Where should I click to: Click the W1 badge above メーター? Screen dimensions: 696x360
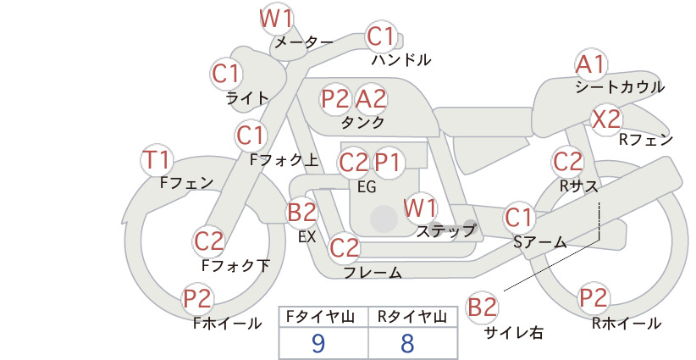point(276,19)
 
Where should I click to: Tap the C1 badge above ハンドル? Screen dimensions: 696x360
point(381,36)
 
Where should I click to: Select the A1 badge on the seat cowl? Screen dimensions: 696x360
point(591,65)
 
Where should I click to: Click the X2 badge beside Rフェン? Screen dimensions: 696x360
point(606,119)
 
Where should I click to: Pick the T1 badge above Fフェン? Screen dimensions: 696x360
point(157,160)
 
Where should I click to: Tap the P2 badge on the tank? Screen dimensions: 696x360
point(335,98)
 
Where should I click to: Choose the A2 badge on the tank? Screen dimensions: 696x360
point(371,98)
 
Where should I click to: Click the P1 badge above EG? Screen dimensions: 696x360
point(388,163)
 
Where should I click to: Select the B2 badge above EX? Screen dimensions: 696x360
point(301,212)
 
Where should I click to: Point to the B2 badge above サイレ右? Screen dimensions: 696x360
point(482,307)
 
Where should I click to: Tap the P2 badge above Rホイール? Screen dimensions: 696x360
point(593,298)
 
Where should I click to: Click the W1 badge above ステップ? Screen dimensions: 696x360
point(420,208)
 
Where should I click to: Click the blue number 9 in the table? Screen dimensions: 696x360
point(318,343)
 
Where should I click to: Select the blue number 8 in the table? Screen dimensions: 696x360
point(407,343)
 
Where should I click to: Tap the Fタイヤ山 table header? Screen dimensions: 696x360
point(320,317)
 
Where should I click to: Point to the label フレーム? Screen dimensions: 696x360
point(373,273)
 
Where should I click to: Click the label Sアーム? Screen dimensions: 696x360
point(540,242)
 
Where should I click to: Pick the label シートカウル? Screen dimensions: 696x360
point(620,86)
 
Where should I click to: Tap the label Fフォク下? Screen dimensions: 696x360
point(235,265)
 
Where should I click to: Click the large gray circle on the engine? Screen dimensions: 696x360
point(384,219)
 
